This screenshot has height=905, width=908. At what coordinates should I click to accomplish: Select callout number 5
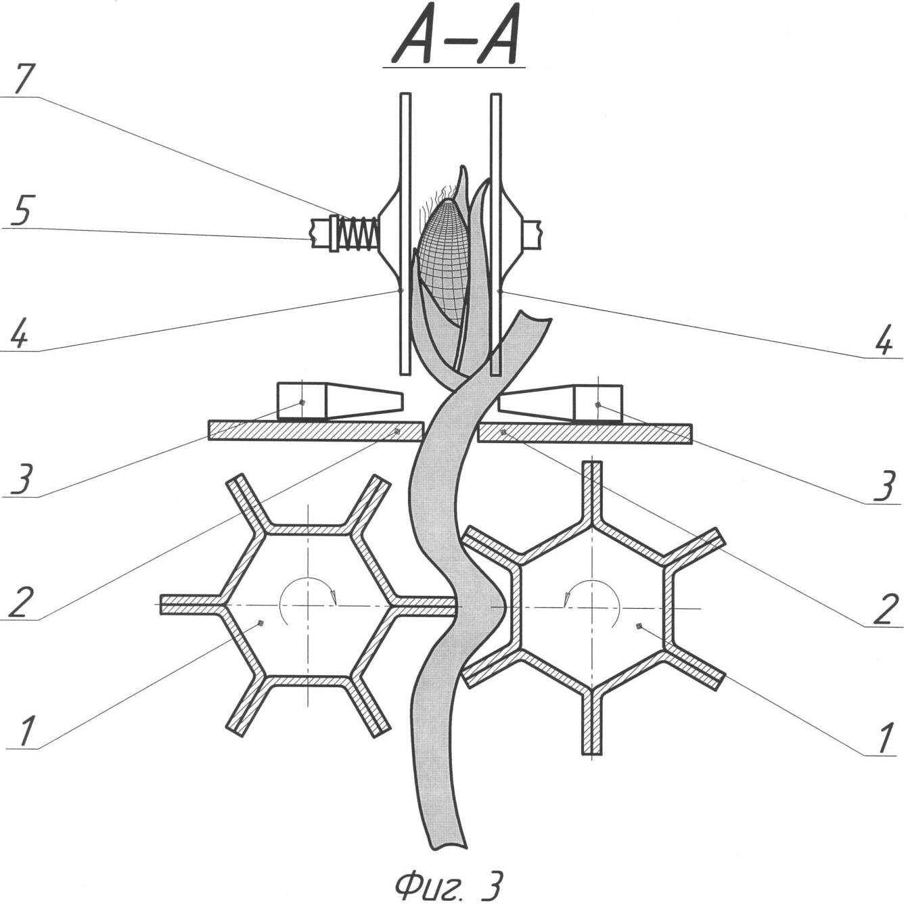point(20,209)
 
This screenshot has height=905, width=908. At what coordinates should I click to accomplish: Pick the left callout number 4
point(20,331)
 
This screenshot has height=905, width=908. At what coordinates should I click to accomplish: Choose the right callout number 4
point(884,338)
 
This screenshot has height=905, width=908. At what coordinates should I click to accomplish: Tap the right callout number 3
point(884,485)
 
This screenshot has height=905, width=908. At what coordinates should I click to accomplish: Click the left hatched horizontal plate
point(316,431)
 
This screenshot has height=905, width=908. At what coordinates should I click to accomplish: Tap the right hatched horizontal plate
point(585,434)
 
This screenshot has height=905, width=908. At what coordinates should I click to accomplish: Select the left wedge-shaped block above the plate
point(340,401)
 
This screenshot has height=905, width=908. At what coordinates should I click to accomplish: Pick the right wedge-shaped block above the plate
point(560,403)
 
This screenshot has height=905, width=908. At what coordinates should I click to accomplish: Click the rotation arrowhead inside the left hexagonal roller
point(334,597)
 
